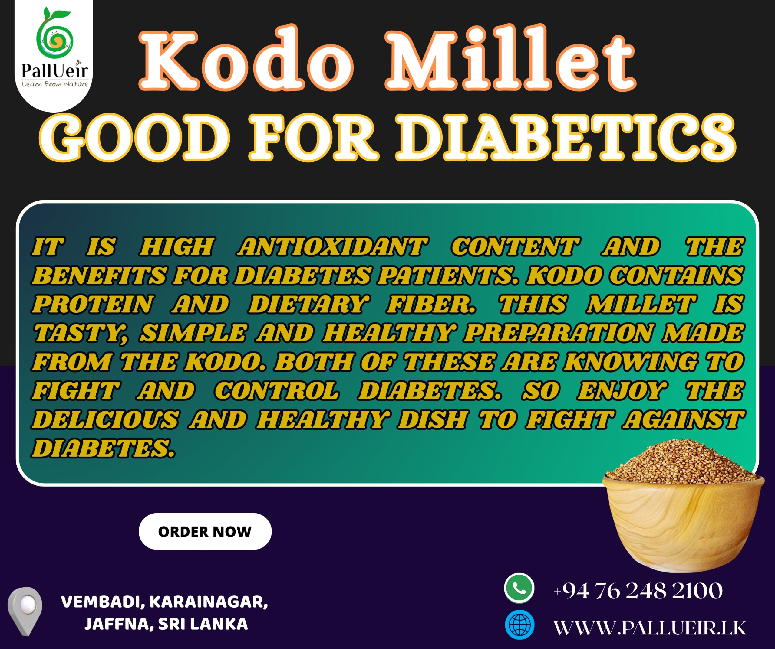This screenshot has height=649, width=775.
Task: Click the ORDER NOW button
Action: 205,531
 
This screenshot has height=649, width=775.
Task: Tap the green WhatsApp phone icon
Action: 519,589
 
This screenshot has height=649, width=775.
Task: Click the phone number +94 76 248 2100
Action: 638,591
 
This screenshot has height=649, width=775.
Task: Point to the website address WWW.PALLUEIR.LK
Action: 650,628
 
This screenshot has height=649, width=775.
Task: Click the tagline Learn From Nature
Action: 54,84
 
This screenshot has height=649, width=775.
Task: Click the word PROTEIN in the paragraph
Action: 93,304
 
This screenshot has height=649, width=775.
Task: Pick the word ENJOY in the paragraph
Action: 622,391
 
